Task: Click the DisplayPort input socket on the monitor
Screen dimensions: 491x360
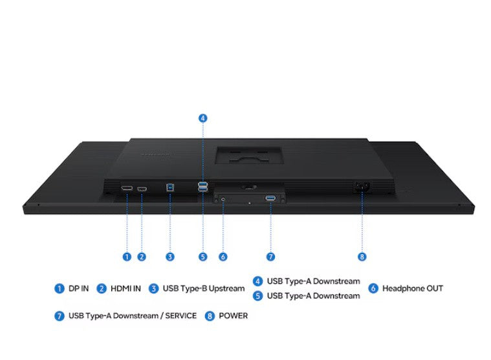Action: click(127, 188)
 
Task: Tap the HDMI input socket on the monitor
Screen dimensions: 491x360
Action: click(142, 189)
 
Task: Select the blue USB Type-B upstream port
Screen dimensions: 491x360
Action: click(170, 187)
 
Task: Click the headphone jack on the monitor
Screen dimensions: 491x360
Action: click(223, 198)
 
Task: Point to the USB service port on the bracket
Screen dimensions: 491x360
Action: click(270, 198)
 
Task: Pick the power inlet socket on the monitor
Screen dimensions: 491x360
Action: click(362, 187)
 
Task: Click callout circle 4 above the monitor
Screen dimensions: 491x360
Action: click(203, 118)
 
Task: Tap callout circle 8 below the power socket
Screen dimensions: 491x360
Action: click(362, 257)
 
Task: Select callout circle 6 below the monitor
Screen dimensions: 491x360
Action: click(223, 257)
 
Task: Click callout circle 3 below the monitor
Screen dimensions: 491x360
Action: click(170, 257)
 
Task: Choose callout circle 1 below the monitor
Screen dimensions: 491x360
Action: click(127, 257)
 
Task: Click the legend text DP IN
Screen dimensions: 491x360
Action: click(78, 288)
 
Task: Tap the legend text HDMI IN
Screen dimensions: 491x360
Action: click(125, 288)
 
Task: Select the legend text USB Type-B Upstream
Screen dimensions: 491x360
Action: click(204, 288)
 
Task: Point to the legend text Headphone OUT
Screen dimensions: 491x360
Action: click(413, 288)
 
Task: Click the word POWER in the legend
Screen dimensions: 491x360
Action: click(234, 316)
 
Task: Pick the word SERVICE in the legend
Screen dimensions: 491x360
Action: click(181, 316)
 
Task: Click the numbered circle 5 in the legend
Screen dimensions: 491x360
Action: click(257, 296)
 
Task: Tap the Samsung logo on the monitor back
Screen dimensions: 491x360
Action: click(155, 154)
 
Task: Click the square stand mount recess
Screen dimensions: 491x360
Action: click(249, 156)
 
